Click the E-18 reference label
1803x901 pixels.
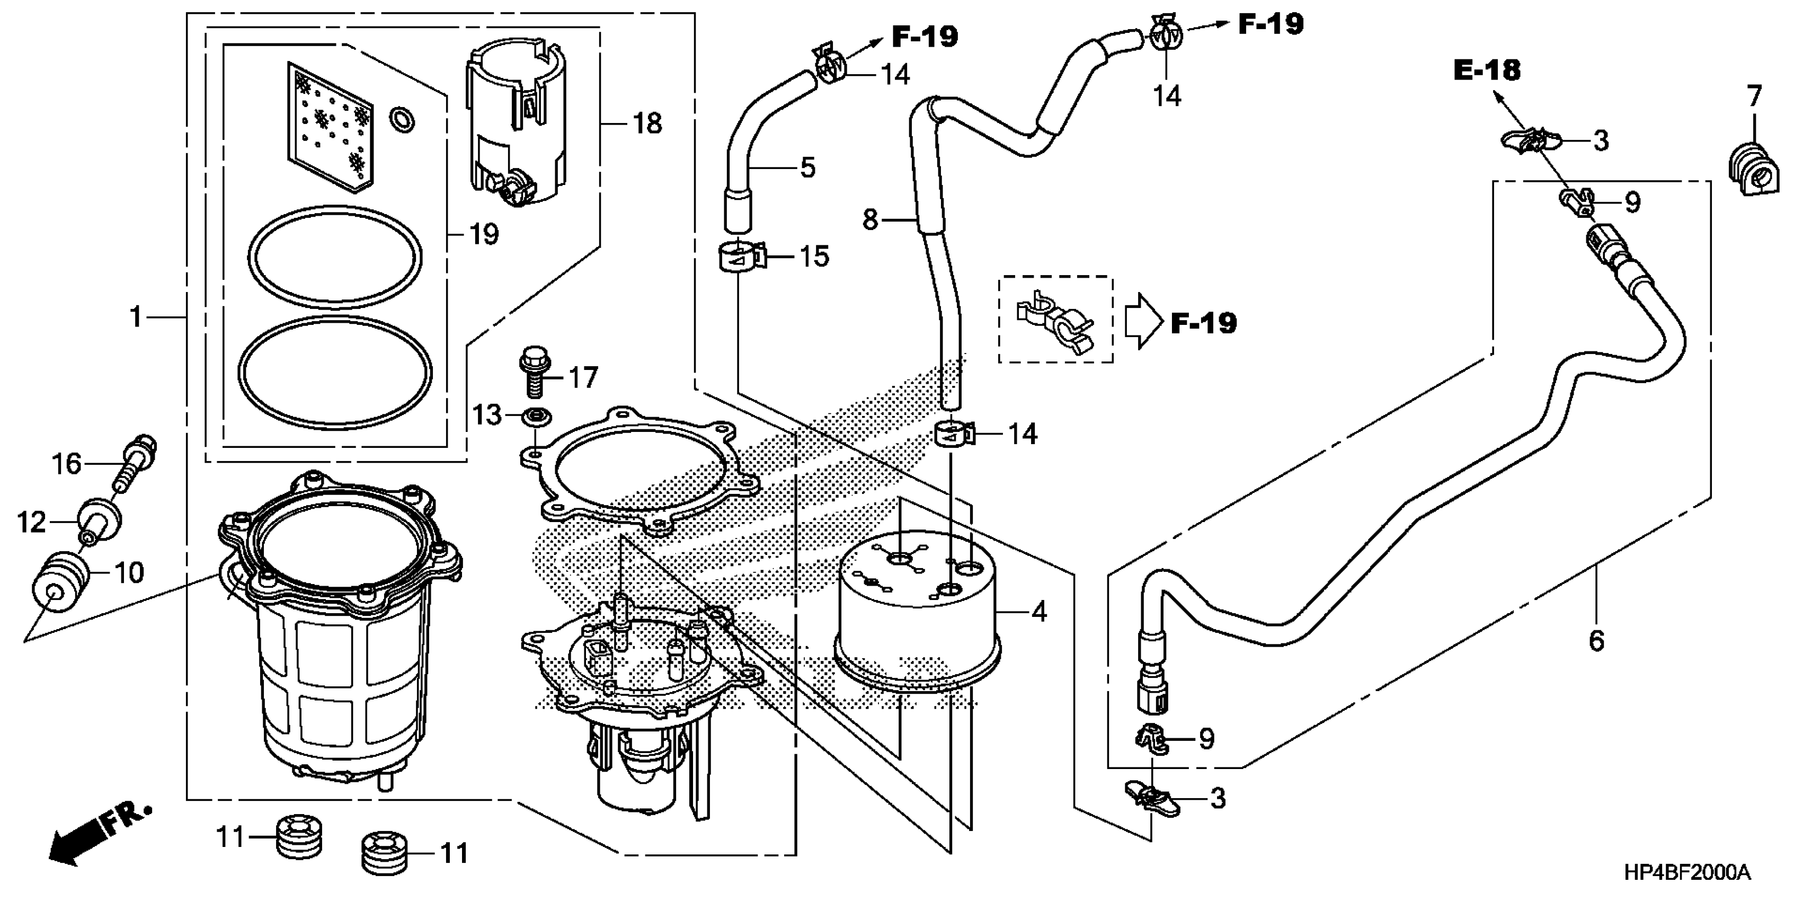(x=1487, y=70)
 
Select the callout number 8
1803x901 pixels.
(x=870, y=220)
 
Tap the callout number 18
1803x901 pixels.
(x=647, y=124)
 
